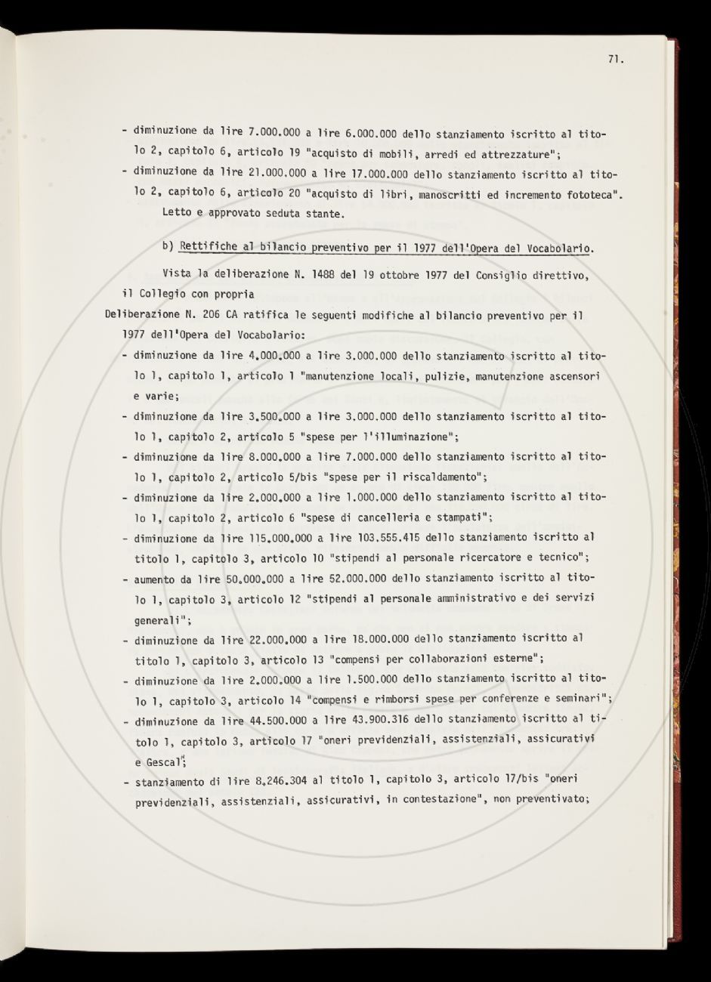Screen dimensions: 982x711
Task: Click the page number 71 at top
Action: [614, 62]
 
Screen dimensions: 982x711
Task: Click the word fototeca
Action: [582, 196]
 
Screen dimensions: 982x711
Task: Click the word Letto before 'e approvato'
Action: [178, 215]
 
